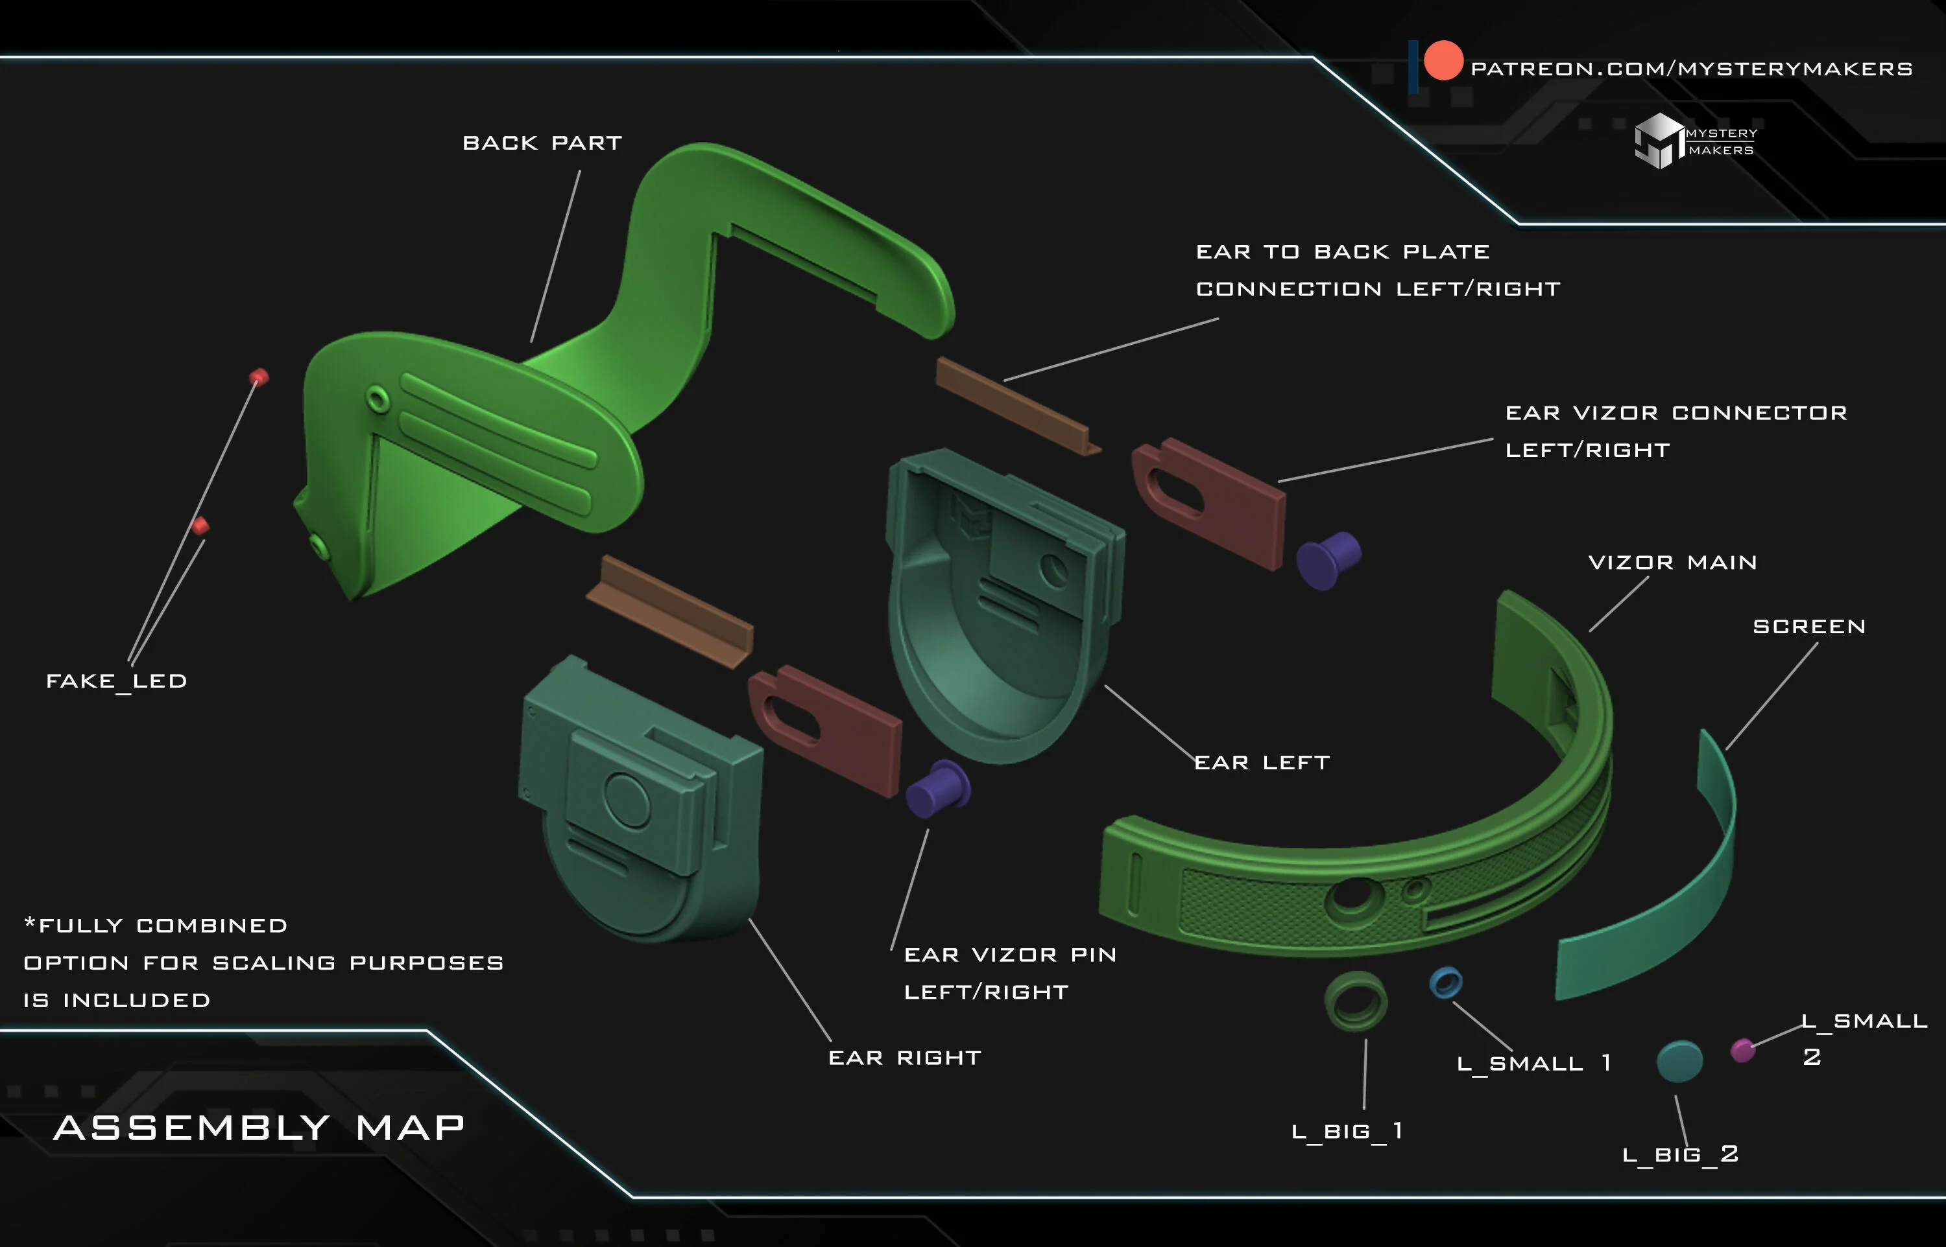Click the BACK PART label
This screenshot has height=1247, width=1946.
point(542,143)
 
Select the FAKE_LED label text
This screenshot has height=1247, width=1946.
point(117,681)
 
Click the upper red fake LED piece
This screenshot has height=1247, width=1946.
point(259,377)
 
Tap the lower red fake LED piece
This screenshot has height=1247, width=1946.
point(200,526)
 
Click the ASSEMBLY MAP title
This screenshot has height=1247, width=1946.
point(259,1127)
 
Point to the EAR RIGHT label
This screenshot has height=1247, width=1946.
point(904,1058)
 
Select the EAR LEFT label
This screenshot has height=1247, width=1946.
point(1262,762)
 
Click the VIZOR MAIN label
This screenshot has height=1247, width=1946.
point(1672,562)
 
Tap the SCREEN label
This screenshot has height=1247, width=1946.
point(1809,626)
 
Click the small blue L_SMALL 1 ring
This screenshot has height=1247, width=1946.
point(1445,982)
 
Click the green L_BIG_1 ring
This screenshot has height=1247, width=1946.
point(1356,1001)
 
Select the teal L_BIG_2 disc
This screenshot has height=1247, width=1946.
point(1679,1061)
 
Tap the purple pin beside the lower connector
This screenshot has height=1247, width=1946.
point(937,789)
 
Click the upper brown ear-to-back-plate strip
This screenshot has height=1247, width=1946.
point(1018,406)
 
